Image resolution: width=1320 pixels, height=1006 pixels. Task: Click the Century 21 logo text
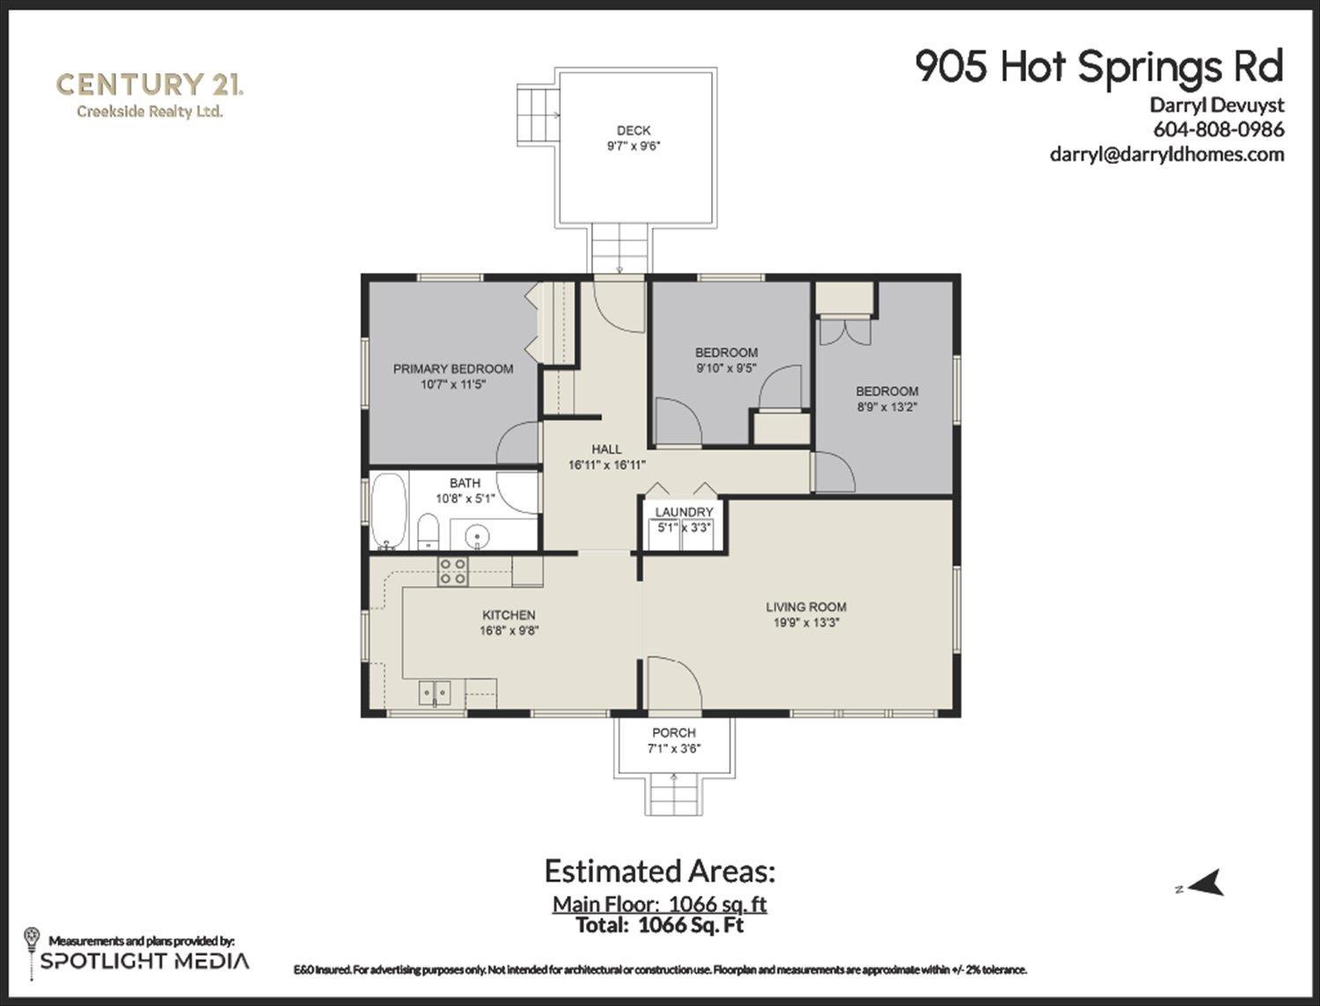click(x=149, y=85)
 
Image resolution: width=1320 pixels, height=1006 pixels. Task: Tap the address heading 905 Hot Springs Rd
click(x=1099, y=67)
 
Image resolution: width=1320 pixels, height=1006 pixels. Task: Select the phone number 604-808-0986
click(x=1219, y=129)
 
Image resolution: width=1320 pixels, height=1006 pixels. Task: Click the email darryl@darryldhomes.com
click(x=1167, y=154)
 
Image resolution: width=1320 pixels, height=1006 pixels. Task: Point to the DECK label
click(x=633, y=130)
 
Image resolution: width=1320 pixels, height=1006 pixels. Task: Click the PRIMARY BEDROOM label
click(x=452, y=369)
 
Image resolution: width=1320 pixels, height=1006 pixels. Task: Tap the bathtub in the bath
click(x=388, y=510)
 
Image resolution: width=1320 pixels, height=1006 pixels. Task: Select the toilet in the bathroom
click(x=429, y=531)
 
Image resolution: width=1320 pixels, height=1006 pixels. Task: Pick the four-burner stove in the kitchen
click(x=453, y=571)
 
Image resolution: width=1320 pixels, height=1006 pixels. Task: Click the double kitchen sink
click(x=434, y=694)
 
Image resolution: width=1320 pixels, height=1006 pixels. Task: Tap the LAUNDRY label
click(x=684, y=512)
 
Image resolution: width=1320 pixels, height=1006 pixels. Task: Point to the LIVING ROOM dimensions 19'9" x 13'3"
click(x=805, y=623)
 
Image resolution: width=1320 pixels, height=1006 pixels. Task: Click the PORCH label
click(x=674, y=732)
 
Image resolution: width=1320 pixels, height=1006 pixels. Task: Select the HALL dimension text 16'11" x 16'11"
click(x=607, y=465)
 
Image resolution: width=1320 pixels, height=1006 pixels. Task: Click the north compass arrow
click(x=1206, y=882)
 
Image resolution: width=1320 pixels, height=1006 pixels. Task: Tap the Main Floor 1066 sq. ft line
click(x=660, y=904)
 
